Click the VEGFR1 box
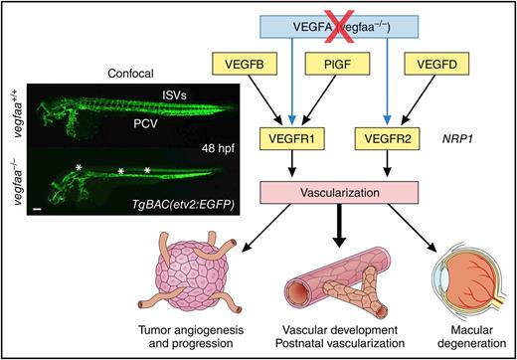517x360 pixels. pyautogui.click(x=283, y=133)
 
